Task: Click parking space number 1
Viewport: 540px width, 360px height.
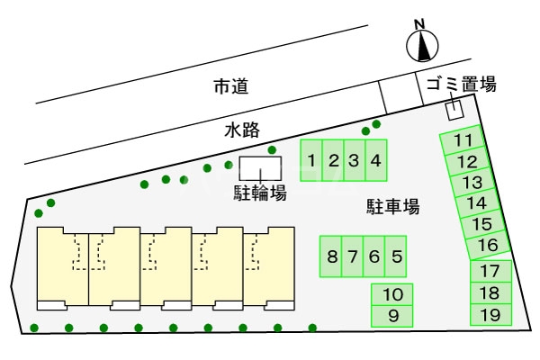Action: click(x=311, y=160)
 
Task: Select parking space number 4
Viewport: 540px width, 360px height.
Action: click(x=376, y=160)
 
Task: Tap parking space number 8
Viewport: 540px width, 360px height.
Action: click(x=331, y=256)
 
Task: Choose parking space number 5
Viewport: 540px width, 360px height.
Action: click(x=396, y=256)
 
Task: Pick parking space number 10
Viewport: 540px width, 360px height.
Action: click(x=391, y=294)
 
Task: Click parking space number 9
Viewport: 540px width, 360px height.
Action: click(x=391, y=316)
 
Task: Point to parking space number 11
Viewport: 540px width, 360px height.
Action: click(x=463, y=139)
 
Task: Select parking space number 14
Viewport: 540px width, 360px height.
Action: click(x=477, y=202)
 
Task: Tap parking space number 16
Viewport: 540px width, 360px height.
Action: click(x=488, y=245)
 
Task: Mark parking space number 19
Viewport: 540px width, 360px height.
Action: click(x=490, y=315)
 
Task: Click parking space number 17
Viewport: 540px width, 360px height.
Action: click(x=490, y=271)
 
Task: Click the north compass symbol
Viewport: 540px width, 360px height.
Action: click(x=422, y=46)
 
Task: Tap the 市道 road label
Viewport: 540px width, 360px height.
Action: click(x=231, y=86)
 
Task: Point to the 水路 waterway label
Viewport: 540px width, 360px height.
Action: click(x=242, y=130)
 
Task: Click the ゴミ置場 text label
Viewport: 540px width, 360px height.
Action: click(x=462, y=84)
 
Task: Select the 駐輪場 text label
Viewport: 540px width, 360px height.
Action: click(x=260, y=193)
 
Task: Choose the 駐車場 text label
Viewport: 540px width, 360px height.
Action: click(x=393, y=207)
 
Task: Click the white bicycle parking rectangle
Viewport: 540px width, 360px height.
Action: click(x=260, y=168)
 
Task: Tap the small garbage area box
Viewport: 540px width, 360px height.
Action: click(x=454, y=110)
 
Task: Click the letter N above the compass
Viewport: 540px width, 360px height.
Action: click(x=419, y=24)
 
